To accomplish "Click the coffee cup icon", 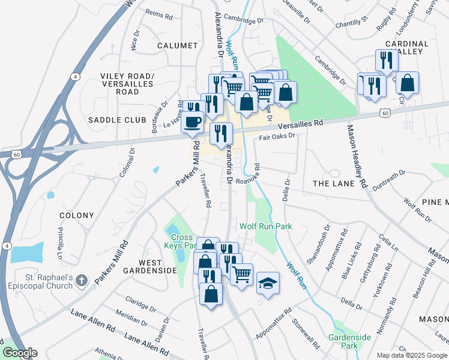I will click(x=193, y=122).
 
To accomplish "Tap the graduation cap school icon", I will click(x=268, y=283).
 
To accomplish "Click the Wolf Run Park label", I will click(x=265, y=226).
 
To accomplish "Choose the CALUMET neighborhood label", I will click(x=177, y=46).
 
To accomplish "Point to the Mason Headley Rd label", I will click(x=357, y=156).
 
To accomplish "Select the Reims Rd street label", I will click(x=158, y=19).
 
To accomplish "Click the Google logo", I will click(x=20, y=353).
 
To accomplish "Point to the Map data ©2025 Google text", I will click(x=411, y=355).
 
